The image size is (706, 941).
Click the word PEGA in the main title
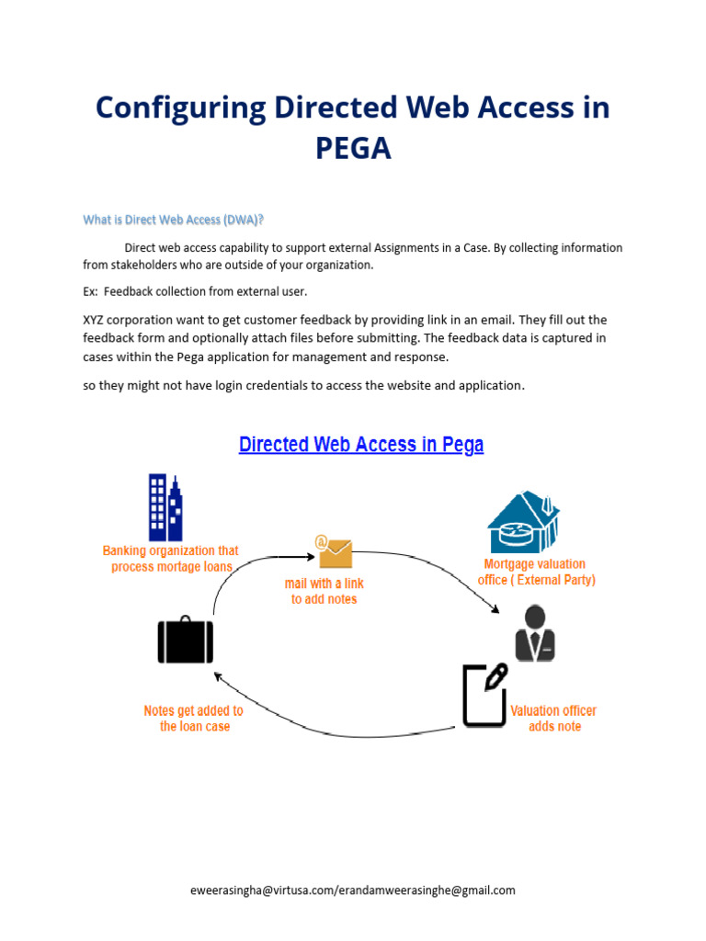click(353, 148)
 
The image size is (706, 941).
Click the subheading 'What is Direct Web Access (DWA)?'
click(174, 220)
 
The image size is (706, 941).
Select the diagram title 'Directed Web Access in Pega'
click(360, 445)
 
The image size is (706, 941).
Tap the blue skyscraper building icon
click(165, 507)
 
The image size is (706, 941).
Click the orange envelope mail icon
click(334, 552)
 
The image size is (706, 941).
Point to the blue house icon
click(522, 523)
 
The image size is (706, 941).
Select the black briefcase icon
click(185, 641)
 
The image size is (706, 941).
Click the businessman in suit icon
click(535, 633)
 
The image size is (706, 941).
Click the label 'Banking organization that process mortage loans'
click(171, 559)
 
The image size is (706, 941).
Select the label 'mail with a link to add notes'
click(324, 591)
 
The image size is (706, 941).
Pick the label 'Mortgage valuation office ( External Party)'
click(536, 572)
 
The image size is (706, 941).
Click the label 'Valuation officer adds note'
click(553, 718)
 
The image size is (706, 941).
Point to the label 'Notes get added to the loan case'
click(194, 718)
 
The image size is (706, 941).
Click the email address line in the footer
click(352, 890)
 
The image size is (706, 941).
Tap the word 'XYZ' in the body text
click(94, 320)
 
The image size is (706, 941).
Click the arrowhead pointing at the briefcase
click(218, 676)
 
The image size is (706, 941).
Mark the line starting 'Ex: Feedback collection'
click(195, 291)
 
